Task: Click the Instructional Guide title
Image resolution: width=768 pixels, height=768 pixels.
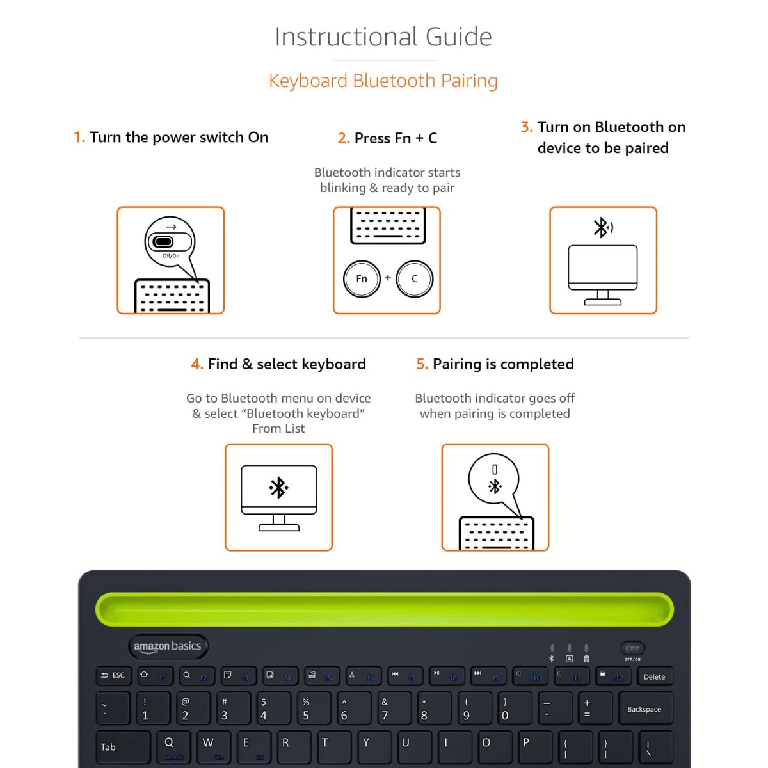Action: point(383,37)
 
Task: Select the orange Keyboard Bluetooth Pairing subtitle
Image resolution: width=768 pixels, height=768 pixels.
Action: point(383,81)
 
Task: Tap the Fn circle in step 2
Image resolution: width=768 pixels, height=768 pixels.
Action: point(362,279)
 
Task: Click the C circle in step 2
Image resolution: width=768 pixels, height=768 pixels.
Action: point(414,279)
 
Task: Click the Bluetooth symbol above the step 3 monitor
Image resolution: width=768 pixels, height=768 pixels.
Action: point(602,227)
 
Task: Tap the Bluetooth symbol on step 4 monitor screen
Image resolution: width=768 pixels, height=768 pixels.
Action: point(278,488)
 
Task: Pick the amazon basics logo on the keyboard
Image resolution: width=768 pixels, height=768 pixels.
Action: point(168,646)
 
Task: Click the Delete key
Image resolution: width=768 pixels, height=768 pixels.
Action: point(654,676)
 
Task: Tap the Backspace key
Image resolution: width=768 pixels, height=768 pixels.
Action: point(644,708)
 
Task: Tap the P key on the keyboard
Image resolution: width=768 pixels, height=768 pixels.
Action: point(531,746)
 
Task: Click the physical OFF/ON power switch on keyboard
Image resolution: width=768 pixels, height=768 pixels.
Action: point(632,648)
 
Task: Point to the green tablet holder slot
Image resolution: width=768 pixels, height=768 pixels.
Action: point(384,609)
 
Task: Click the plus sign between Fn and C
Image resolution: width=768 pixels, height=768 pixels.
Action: point(388,278)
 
